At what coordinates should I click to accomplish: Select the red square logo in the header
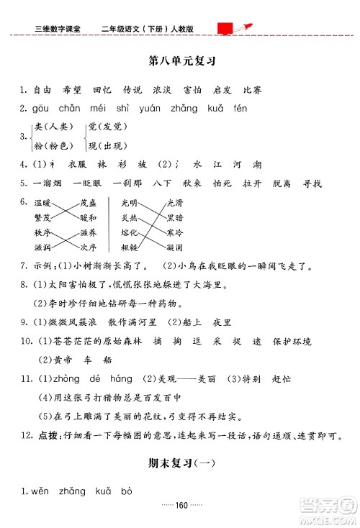(225, 28)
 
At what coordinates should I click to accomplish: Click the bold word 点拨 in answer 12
(47, 436)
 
